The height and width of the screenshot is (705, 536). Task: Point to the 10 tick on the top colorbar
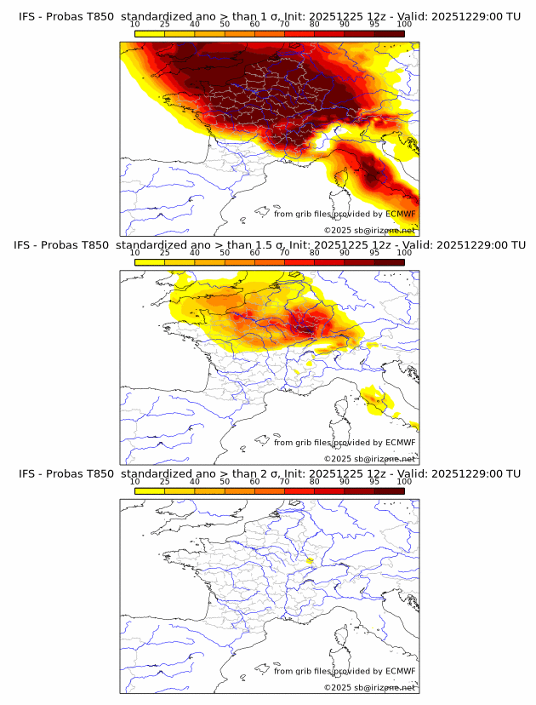pos(135,24)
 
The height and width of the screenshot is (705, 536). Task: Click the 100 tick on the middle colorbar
pos(403,253)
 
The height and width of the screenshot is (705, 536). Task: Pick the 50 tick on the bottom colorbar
pos(225,482)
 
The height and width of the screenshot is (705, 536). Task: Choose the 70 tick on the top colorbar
pos(284,24)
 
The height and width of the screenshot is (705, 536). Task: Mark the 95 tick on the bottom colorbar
pos(374,482)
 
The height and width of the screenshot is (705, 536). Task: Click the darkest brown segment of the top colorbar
pos(389,33)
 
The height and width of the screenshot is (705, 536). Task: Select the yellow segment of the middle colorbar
pos(150,262)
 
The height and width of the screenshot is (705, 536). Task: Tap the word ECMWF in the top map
pos(401,214)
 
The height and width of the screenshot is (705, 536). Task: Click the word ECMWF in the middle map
pos(401,443)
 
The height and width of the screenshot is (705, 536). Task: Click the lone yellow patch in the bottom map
pos(310,560)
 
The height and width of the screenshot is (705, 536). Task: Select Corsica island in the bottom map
pos(339,639)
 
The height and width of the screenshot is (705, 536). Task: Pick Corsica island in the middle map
pos(339,410)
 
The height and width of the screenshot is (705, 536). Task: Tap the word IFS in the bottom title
pos(27,473)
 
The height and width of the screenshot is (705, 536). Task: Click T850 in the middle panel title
pos(99,245)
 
